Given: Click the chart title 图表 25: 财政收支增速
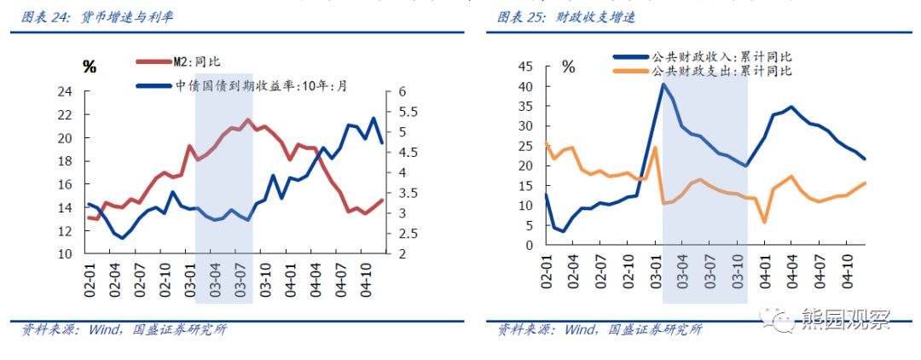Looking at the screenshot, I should [566, 17].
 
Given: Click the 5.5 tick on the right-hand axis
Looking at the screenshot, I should [400, 112].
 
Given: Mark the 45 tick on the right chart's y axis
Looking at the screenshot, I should [525, 67].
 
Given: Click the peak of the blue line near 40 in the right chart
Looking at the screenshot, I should [663, 84].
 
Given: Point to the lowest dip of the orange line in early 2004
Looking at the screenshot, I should [764, 222].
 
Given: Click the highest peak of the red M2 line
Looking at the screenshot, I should [248, 120].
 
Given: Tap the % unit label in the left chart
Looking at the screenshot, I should [89, 67].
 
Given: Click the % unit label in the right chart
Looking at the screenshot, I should [568, 67].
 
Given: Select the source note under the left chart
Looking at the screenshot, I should [119, 330].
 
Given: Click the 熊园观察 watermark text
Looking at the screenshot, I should [845, 320].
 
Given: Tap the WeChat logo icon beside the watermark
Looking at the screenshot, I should [780, 320].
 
